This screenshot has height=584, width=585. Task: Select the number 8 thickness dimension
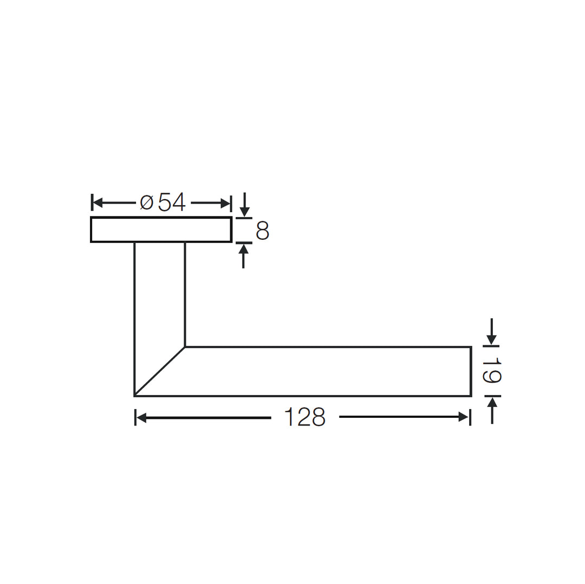coord(263,231)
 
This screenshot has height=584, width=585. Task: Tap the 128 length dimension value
coord(304,417)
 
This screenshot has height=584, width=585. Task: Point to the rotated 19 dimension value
coord(493,371)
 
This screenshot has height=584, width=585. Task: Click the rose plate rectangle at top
coord(161,229)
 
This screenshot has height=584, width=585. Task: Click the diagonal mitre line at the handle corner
coord(160,371)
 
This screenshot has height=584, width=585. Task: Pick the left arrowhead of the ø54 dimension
coord(98,203)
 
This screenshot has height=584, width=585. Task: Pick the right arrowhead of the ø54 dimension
coord(225,204)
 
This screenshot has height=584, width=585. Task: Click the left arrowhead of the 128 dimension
coord(141,417)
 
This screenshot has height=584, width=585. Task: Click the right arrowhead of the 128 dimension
coord(463,417)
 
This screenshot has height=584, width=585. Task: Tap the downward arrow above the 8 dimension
coord(245,212)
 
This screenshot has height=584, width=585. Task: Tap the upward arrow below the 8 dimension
coord(243,249)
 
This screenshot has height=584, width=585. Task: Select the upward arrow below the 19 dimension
coord(492,403)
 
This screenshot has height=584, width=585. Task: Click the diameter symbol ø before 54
coord(147,202)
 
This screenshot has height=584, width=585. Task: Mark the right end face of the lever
coord(471,371)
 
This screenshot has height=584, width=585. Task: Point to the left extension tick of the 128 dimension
coord(135,417)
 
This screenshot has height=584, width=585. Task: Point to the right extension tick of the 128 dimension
coord(470,417)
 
